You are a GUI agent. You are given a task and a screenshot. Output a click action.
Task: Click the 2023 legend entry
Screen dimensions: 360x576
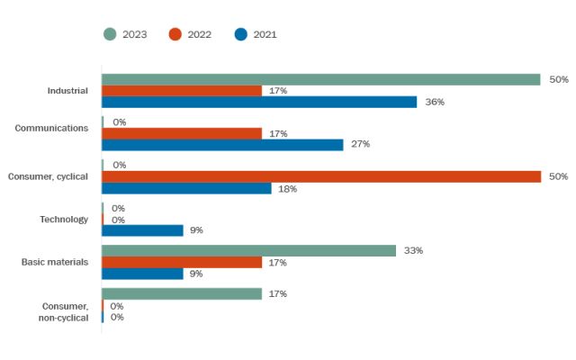click(127, 34)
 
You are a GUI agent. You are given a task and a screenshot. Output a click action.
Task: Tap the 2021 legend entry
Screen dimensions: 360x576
click(256, 34)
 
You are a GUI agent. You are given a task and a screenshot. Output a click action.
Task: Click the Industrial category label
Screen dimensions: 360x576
click(67, 91)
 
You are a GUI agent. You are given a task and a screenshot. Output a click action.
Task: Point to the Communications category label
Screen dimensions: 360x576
click(51, 128)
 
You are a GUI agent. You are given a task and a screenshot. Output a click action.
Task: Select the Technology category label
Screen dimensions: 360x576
click(64, 219)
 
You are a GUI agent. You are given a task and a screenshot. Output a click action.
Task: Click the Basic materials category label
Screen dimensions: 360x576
click(55, 262)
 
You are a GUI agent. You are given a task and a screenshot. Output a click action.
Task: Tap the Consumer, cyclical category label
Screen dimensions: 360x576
click(48, 176)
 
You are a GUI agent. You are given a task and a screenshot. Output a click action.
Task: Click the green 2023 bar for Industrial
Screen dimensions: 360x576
click(320, 79)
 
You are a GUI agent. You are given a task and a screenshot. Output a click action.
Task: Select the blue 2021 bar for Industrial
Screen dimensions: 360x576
click(259, 102)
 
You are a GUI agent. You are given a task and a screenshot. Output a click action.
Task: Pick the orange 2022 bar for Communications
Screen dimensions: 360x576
click(182, 133)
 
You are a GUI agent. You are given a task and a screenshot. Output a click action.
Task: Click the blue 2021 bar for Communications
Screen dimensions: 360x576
click(222, 144)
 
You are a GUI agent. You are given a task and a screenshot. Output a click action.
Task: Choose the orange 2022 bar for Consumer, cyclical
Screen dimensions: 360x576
click(320, 176)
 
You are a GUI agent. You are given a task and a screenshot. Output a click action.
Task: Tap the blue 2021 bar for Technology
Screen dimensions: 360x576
click(142, 230)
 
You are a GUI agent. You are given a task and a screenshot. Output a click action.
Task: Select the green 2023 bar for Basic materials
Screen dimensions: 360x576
click(248, 250)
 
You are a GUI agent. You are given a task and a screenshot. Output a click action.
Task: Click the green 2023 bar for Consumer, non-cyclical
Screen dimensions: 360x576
click(182, 293)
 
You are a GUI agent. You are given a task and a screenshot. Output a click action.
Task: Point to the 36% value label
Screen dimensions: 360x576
click(436, 102)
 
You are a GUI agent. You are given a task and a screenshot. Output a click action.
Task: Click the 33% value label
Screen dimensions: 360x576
click(414, 250)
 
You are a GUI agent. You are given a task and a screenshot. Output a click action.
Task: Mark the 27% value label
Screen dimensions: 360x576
click(361, 144)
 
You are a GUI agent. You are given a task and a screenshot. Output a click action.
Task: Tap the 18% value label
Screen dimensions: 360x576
click(288, 188)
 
